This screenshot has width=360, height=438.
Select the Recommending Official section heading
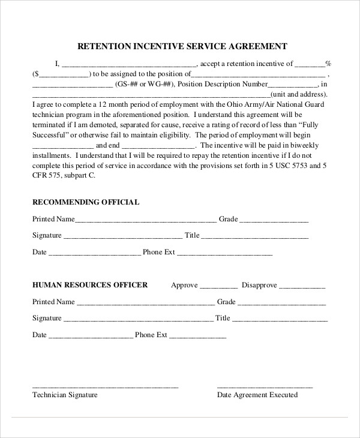coord(86,202)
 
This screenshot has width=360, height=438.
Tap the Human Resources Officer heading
coord(89,284)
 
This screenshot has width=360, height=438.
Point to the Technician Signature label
coord(65,395)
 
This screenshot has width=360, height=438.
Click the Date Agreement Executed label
coord(257,395)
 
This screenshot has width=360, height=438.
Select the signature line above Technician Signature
coord(105,386)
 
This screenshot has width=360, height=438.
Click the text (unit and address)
coord(299,94)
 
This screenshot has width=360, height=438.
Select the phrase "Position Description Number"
coord(223,85)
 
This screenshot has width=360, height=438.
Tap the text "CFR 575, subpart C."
coord(64,176)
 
